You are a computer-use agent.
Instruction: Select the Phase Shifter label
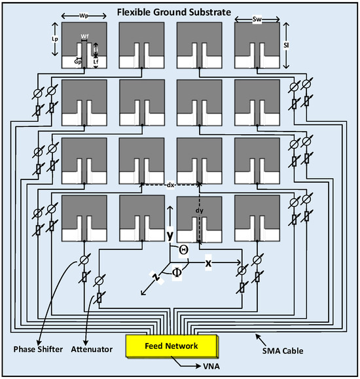coord(38,350)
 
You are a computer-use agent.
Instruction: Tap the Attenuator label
coord(92,350)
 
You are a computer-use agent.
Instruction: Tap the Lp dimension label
coord(55,39)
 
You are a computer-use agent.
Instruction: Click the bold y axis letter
coord(169,234)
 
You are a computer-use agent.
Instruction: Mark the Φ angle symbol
coord(177,273)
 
